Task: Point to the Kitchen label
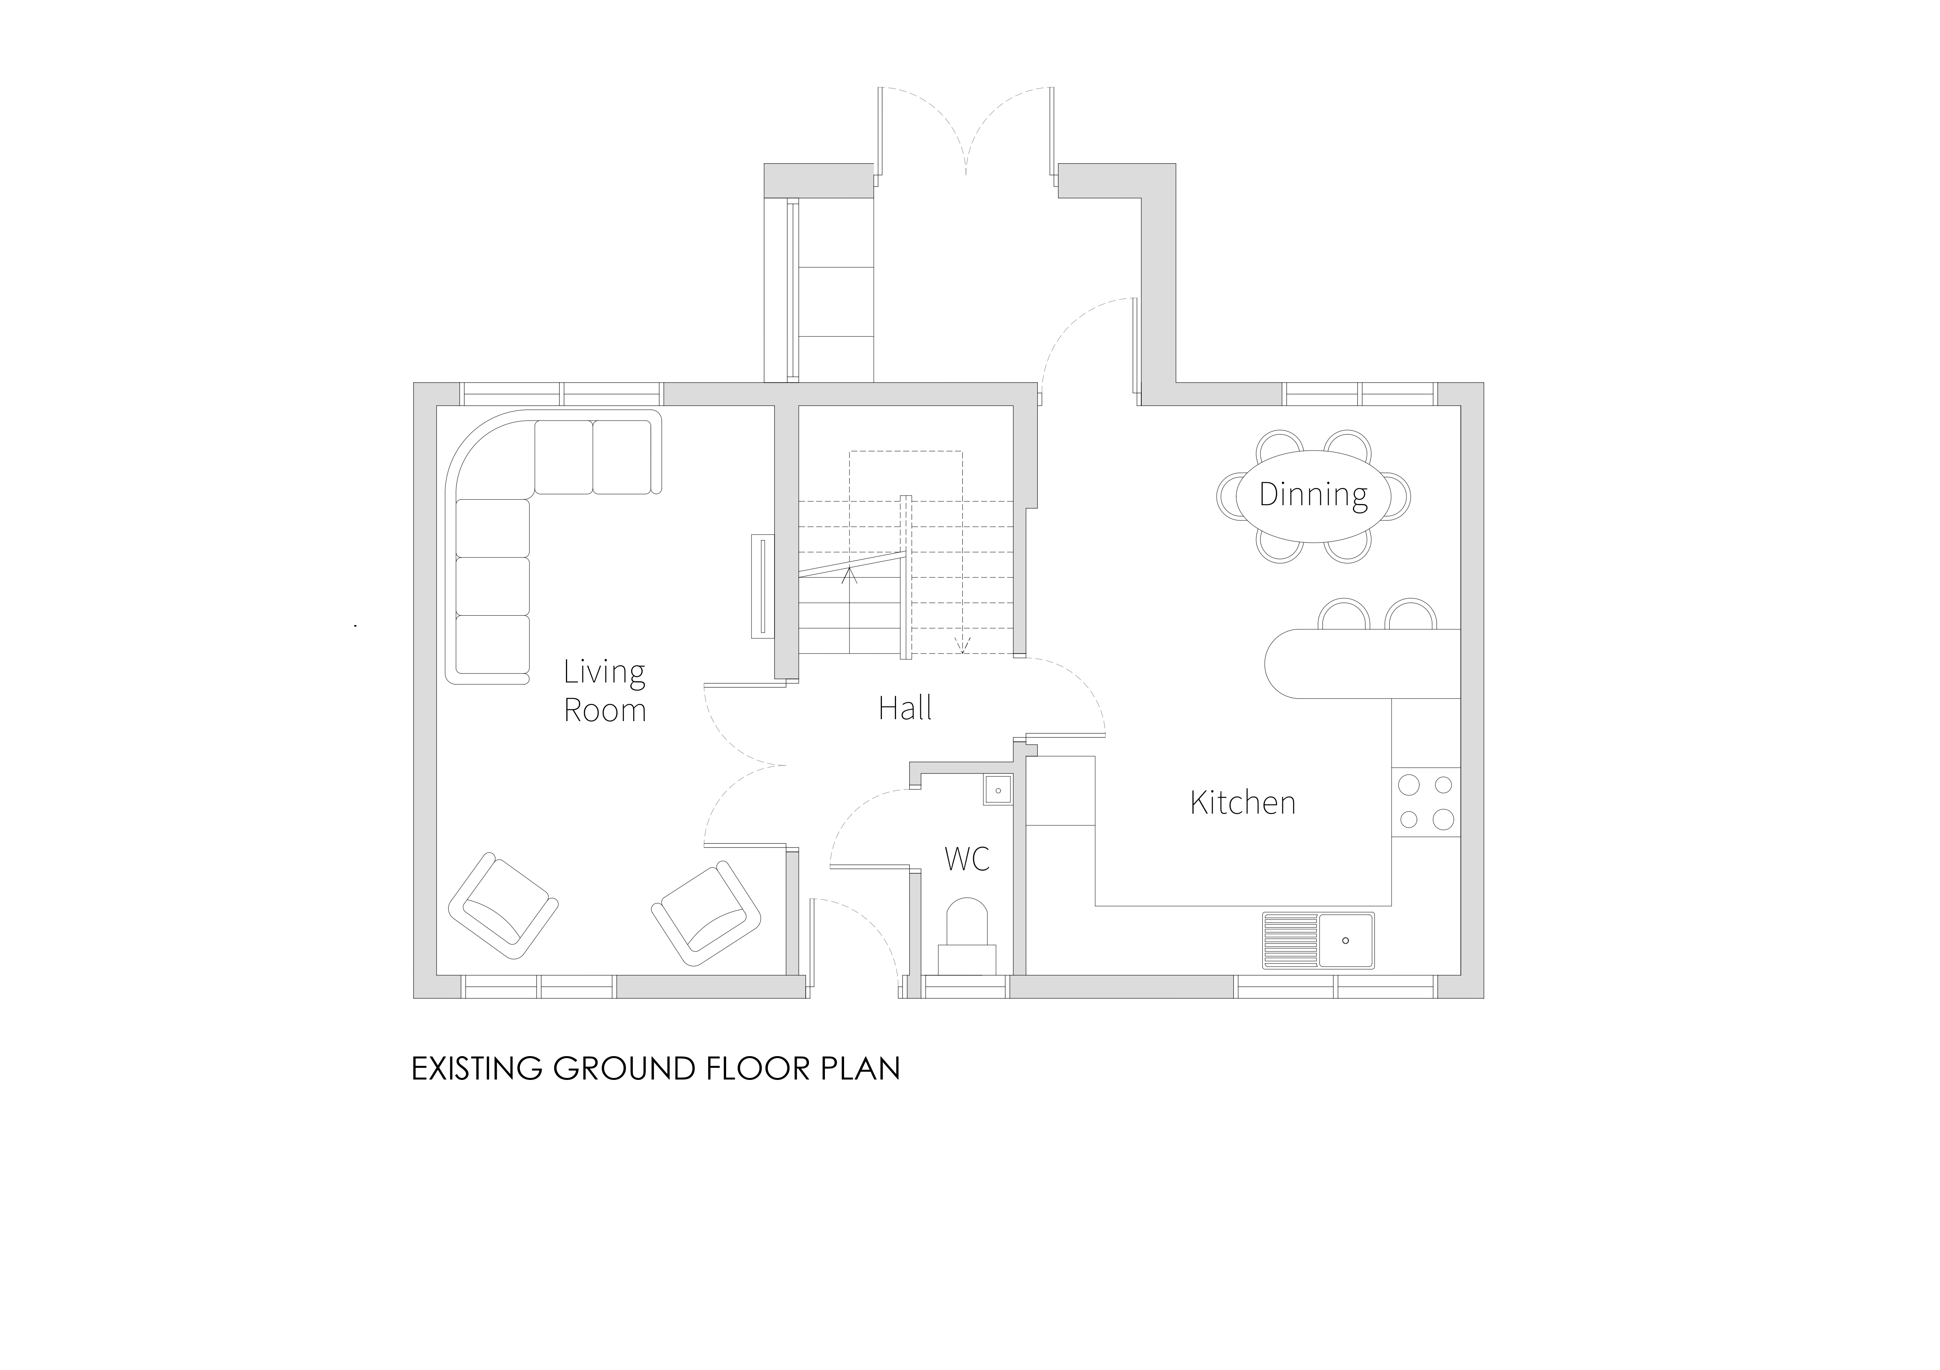pyautogui.click(x=1243, y=802)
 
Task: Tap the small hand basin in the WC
pyautogui.click(x=998, y=790)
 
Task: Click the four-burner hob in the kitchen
pyautogui.click(x=1426, y=802)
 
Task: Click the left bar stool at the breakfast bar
pyautogui.click(x=1343, y=614)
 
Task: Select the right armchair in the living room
pyautogui.click(x=707, y=913)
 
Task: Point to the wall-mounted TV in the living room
pyautogui.click(x=762, y=586)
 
